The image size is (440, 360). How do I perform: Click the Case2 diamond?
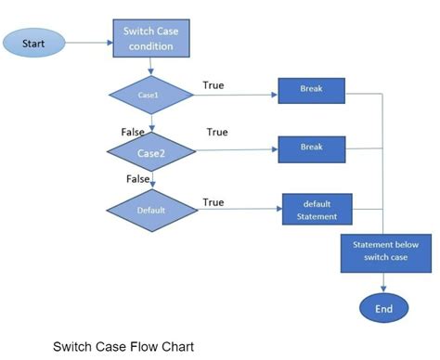(151, 151)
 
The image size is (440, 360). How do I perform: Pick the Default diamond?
(151, 210)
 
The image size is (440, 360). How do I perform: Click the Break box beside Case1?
(312, 91)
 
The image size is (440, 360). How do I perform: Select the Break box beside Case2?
(312, 148)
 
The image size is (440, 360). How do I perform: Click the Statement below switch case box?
(386, 251)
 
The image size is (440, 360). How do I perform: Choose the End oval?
(383, 308)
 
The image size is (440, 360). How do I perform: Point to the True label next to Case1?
(213, 85)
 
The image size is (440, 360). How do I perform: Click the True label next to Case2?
(216, 132)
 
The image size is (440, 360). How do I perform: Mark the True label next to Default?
(213, 201)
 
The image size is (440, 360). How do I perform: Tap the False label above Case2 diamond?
(134, 132)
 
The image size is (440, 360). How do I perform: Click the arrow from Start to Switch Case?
(90, 42)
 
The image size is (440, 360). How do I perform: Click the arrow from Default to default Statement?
(239, 210)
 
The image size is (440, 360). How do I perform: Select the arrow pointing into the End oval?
(383, 283)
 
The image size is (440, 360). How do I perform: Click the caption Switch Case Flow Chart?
(123, 347)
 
